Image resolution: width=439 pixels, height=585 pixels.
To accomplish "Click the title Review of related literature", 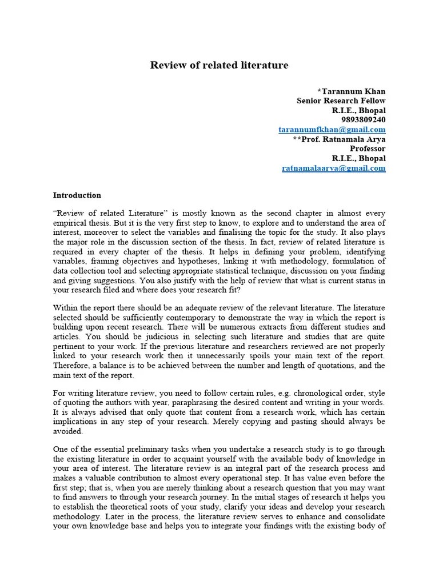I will (219, 65).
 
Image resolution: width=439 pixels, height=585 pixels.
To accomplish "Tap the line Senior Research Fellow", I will (341, 101).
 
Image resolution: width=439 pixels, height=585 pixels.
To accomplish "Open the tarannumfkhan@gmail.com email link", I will (332, 130).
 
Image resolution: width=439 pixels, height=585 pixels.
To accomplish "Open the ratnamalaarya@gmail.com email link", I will (334, 168).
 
